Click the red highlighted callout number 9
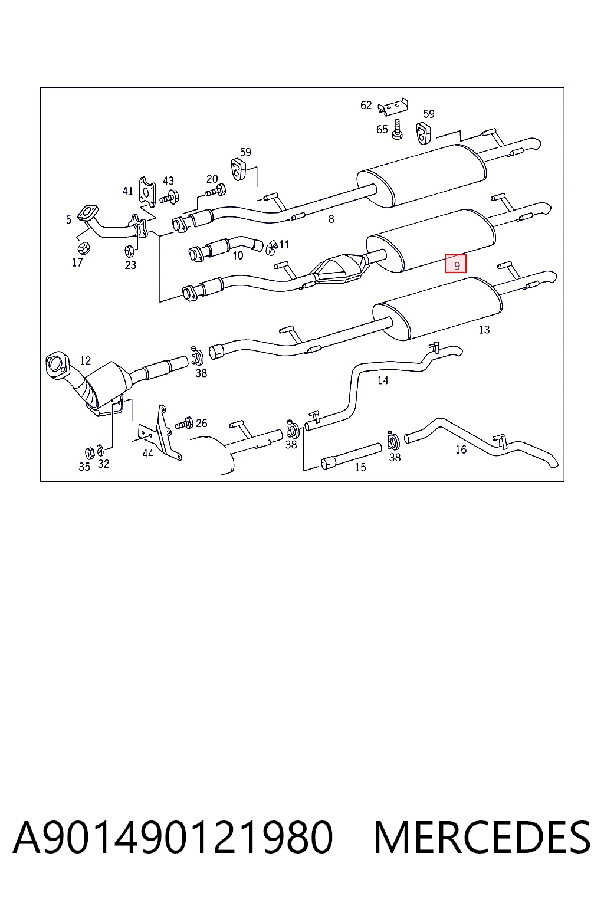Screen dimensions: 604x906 click(456, 264)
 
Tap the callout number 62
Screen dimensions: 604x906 click(366, 105)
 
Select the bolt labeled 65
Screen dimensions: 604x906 click(397, 129)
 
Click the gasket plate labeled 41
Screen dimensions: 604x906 click(147, 192)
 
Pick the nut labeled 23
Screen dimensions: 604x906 click(129, 251)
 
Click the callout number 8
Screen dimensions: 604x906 click(331, 219)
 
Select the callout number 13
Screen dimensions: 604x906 click(484, 330)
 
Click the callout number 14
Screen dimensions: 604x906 click(383, 380)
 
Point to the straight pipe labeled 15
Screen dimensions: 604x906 click(351, 456)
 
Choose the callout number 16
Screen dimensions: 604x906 click(461, 449)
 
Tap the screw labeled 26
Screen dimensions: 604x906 click(184, 424)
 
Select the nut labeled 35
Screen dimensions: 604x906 click(90, 452)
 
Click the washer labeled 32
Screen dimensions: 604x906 click(100, 449)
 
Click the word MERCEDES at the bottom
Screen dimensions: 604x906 click(482, 837)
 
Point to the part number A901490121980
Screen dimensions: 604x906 click(173, 837)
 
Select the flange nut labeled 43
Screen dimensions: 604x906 click(170, 197)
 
